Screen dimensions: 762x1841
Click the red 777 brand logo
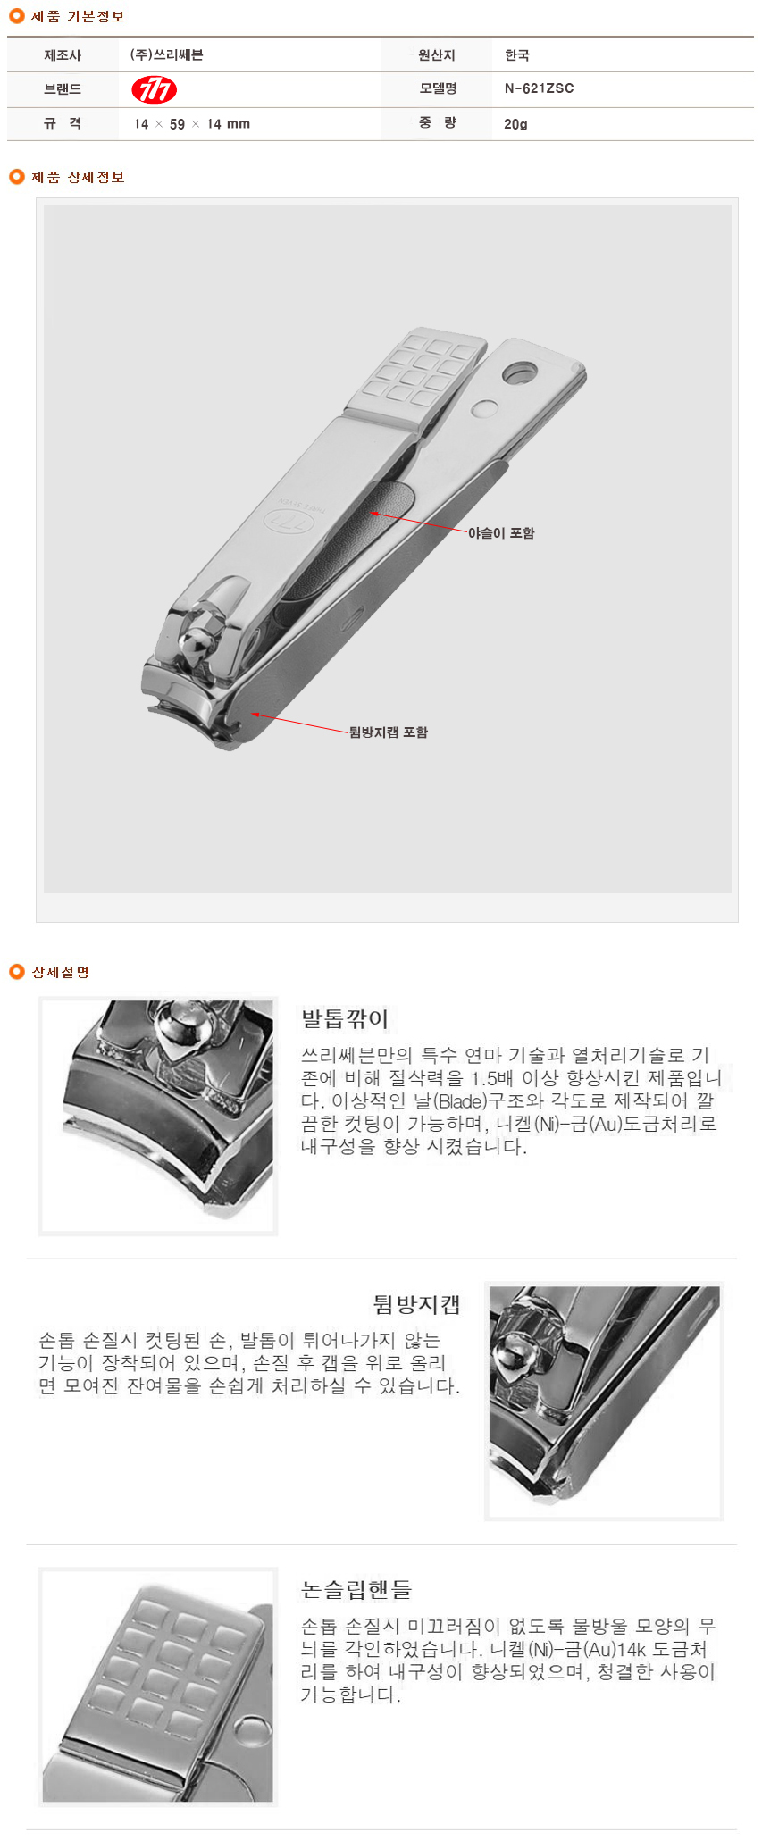click(154, 89)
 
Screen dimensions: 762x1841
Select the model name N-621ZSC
click(539, 88)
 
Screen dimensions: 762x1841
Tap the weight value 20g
click(515, 124)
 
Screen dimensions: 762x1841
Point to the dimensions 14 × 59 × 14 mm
click(191, 124)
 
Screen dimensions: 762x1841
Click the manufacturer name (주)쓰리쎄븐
click(166, 55)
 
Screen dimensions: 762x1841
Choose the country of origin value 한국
click(517, 55)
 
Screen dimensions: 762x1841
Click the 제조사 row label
click(63, 55)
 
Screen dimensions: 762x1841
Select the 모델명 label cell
click(438, 88)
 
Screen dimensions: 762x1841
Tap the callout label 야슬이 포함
click(501, 533)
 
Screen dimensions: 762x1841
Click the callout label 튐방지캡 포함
click(389, 732)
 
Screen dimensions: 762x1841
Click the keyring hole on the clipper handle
click(519, 372)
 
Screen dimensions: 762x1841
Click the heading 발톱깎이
click(345, 1018)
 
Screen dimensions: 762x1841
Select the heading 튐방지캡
click(416, 1305)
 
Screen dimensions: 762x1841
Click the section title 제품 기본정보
click(78, 17)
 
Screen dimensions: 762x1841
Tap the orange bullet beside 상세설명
click(16, 972)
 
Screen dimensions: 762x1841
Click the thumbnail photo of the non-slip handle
click(158, 1687)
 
